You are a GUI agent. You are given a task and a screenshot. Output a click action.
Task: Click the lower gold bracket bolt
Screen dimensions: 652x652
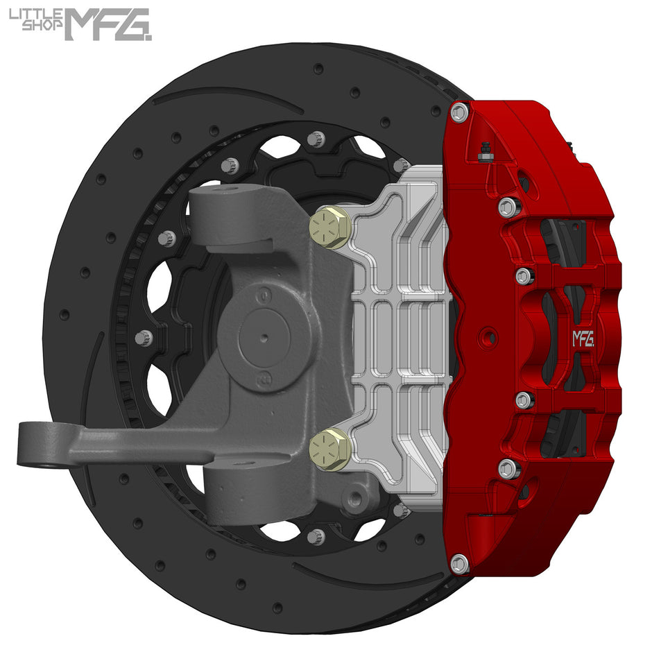coord(329,449)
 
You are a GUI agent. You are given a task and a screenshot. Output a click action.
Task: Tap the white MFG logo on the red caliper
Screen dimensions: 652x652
coord(583,338)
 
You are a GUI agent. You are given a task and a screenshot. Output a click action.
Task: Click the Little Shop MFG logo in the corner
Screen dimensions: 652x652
coord(80,24)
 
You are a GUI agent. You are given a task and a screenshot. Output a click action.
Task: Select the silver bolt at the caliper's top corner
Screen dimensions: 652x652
coord(459,112)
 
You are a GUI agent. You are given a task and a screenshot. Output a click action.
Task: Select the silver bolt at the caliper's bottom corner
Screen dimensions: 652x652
coord(459,563)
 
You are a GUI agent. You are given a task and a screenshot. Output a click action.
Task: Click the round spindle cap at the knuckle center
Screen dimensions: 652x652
coord(263,337)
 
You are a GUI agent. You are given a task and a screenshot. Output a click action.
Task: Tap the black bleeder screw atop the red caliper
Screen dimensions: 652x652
coord(485,151)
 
